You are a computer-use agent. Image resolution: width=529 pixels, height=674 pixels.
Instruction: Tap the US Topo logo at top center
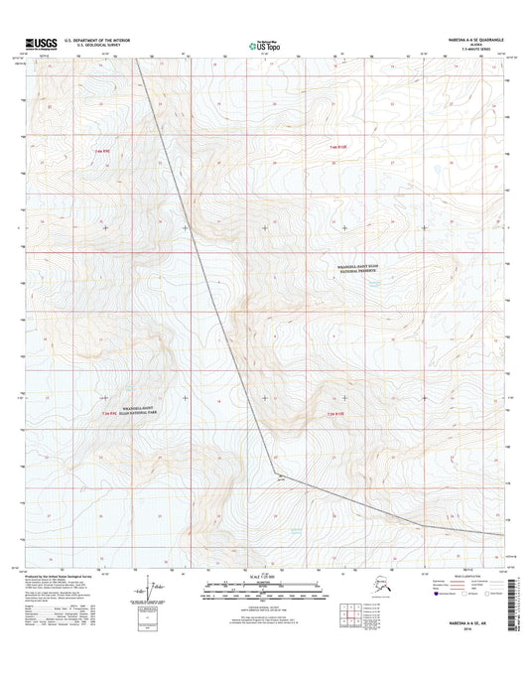263,44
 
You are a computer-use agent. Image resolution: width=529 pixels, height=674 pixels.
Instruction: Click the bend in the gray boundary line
274,472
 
